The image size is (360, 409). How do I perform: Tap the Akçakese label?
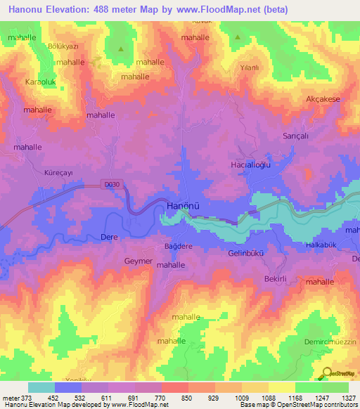pos(323,99)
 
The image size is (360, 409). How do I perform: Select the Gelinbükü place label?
pos(246,253)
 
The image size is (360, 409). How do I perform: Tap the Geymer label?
pos(137,261)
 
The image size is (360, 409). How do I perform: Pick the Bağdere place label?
pos(178,247)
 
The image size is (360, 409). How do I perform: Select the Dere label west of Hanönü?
pos(109,238)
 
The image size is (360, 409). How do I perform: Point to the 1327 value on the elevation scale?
pos(345,398)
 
